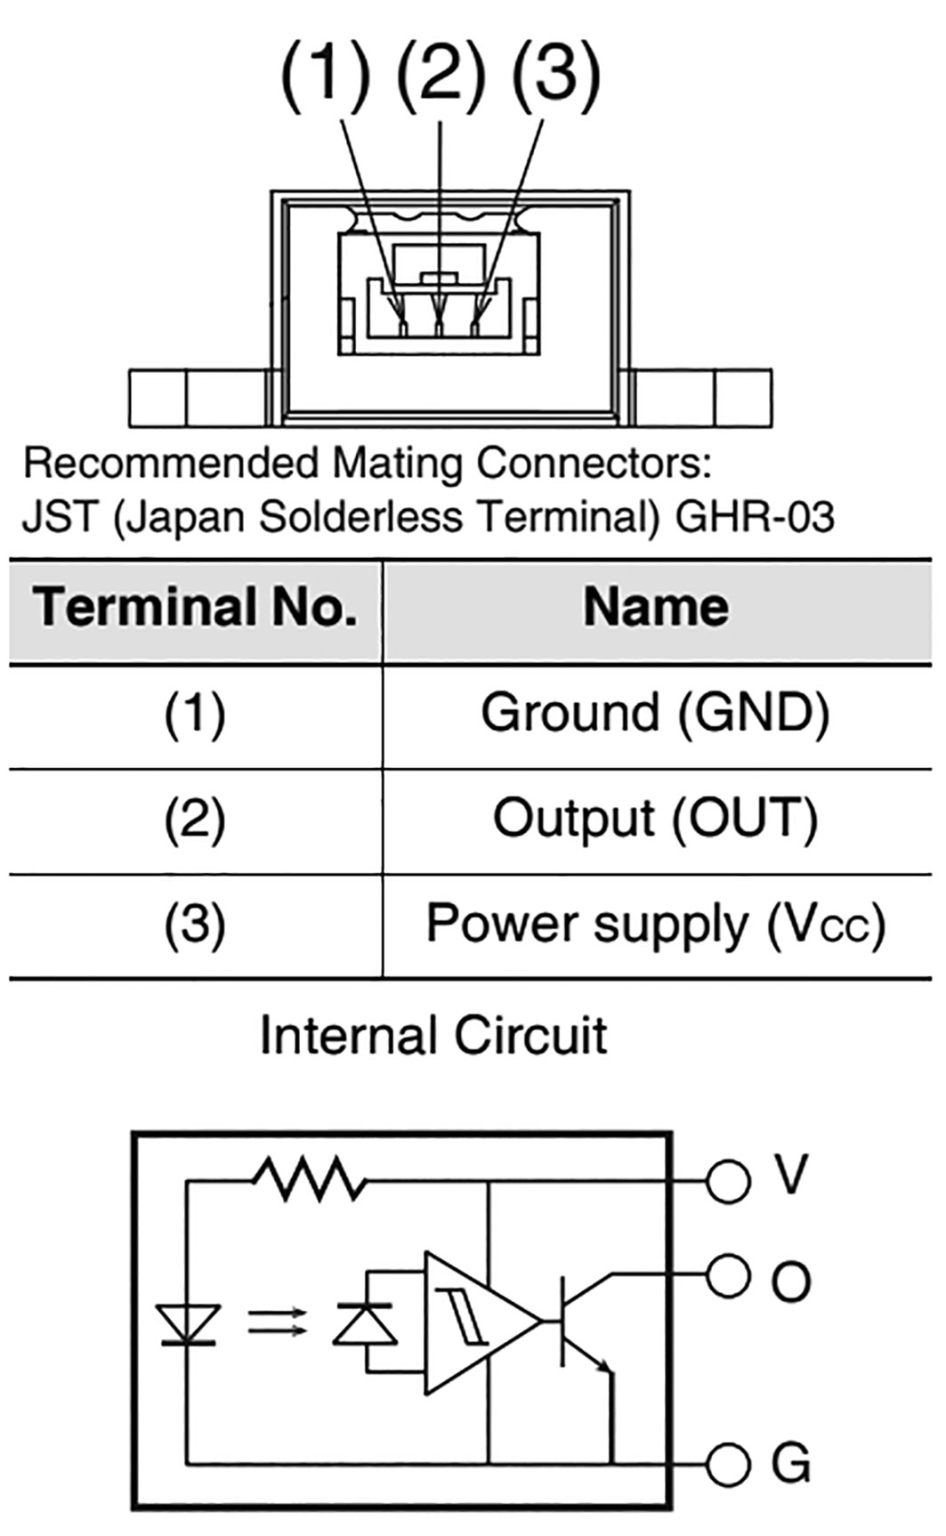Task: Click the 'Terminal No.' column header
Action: point(195,608)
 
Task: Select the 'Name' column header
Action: point(656,608)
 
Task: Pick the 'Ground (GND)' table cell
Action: point(656,713)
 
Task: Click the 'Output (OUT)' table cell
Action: point(656,818)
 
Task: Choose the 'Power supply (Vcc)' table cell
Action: point(656,924)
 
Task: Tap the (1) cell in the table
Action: point(195,715)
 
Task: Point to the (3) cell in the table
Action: point(195,925)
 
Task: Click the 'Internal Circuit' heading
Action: point(433,1036)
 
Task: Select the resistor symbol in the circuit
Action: point(309,1181)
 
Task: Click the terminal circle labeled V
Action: point(728,1181)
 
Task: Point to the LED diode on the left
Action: point(188,1323)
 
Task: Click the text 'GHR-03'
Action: point(755,517)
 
